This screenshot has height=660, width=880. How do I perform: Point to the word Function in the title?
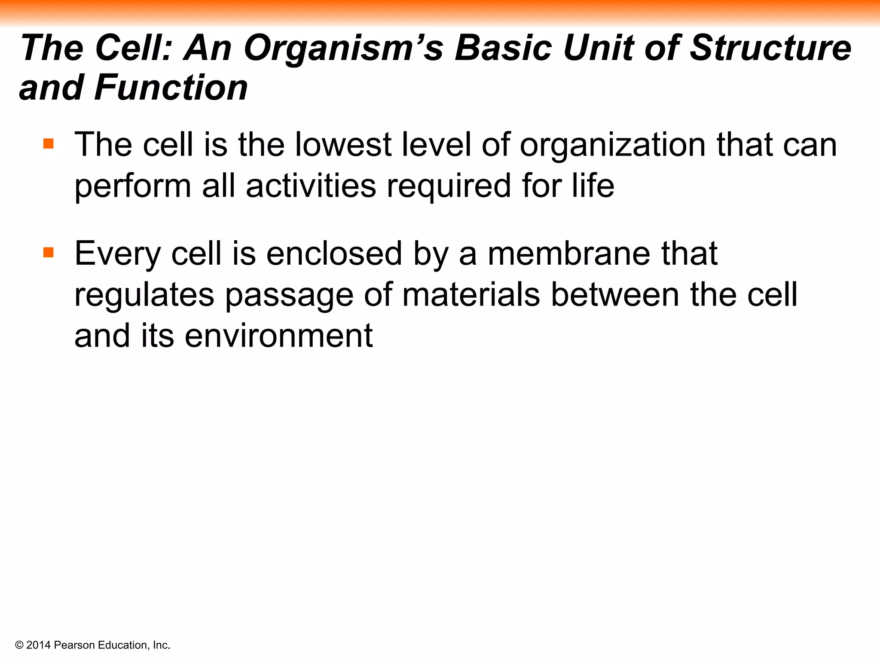pos(171,88)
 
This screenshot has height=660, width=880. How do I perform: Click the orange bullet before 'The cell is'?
pos(49,143)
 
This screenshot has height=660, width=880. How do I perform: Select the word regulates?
pos(144,296)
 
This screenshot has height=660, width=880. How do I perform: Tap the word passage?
pos(289,296)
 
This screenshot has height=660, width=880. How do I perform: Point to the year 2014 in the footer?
pos(39,645)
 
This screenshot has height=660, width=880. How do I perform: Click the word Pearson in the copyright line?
pos(75,645)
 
